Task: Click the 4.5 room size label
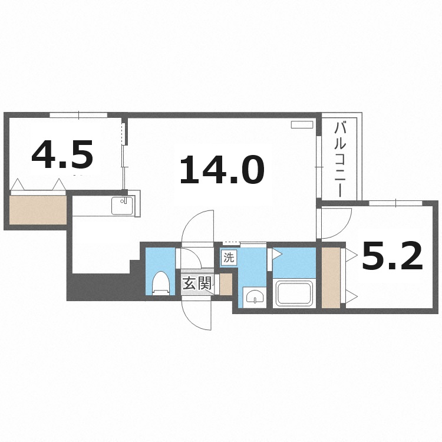pos(62,156)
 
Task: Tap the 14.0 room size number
pos(221,170)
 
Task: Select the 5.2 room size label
pos(392,258)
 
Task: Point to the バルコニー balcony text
pos(339,159)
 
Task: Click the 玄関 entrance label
pos(196,284)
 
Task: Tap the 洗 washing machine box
pos(229,257)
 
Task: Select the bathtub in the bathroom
pos(294,293)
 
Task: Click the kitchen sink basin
pos(123,206)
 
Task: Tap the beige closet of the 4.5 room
pos(38,210)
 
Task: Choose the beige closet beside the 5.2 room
pos(331,278)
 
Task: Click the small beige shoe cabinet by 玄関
pos(226,285)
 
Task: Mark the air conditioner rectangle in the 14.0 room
pos(302,125)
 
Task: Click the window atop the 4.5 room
pos(78,114)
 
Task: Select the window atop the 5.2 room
pos(395,203)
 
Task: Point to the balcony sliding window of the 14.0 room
pos(319,167)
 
